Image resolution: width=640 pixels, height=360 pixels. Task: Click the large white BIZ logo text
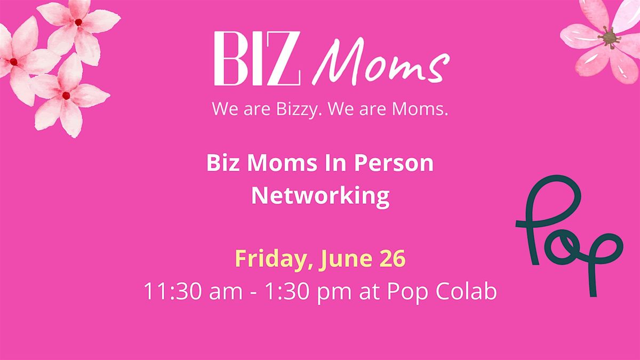coord(257,59)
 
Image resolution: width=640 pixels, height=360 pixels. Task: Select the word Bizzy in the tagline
coord(297,109)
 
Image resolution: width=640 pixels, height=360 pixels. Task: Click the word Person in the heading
coord(394,163)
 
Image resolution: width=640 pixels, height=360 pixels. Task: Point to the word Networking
coord(321,197)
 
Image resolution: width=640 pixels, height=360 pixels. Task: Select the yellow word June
coord(347,259)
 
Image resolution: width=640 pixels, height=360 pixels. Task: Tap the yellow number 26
coord(393,259)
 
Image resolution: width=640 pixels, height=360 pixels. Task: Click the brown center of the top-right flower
coord(610,38)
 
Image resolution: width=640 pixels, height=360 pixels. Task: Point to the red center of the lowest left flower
coord(66,95)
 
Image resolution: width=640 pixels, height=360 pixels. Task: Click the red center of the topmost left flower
coord(78,22)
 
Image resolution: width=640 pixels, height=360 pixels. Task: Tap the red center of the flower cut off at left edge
coord(13,62)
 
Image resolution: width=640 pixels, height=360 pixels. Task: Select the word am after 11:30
coord(226,293)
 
